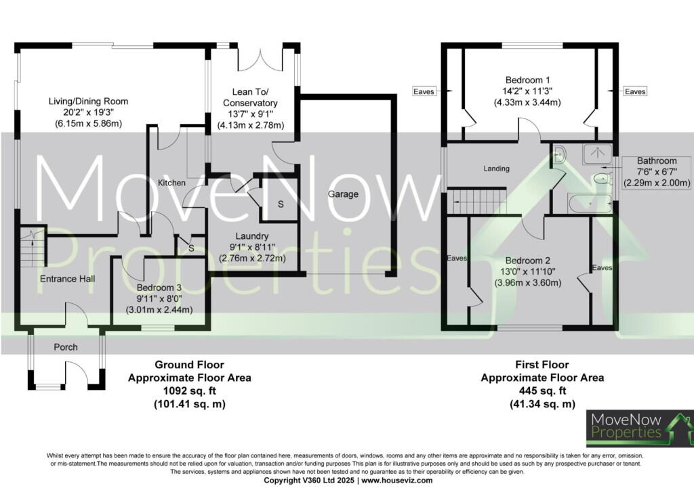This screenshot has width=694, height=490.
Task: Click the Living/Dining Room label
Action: [x=88, y=102]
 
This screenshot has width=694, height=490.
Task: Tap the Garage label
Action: [x=343, y=194]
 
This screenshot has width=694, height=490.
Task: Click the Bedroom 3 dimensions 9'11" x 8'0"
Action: [x=161, y=298]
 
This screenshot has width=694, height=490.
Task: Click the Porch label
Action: [x=66, y=347]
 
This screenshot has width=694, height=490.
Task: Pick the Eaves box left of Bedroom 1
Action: [x=425, y=91]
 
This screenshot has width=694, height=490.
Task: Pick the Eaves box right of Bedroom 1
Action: [x=635, y=91]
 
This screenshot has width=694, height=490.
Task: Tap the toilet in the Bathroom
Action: [x=601, y=180]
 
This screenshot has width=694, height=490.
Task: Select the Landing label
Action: [x=496, y=169]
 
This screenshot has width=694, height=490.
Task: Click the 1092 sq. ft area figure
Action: [x=189, y=391]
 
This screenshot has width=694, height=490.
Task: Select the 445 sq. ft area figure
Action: [x=542, y=391]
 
